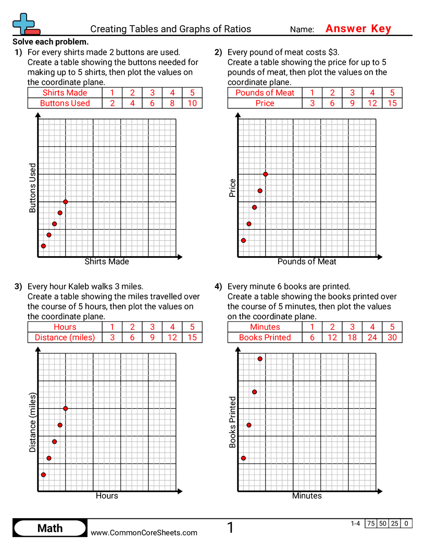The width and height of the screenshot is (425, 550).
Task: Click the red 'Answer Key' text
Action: (x=358, y=29)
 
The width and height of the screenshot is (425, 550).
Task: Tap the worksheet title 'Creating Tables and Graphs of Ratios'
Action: (x=170, y=29)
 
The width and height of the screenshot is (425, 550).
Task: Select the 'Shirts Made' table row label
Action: (x=65, y=93)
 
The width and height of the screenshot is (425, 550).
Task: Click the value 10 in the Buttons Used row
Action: (x=192, y=103)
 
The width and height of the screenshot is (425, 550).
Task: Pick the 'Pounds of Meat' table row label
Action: (x=265, y=93)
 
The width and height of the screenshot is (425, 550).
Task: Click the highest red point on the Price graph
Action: (x=266, y=174)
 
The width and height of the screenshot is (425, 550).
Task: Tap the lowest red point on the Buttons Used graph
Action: (x=43, y=246)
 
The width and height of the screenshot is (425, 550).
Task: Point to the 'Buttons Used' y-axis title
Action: (x=33, y=188)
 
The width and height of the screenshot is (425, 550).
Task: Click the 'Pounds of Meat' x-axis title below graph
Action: (x=307, y=261)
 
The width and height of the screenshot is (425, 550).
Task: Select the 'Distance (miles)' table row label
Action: (x=65, y=337)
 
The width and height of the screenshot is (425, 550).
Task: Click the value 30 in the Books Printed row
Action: (x=392, y=337)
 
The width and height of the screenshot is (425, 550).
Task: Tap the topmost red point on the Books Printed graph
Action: (x=260, y=358)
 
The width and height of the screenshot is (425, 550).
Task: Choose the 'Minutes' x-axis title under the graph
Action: (x=307, y=496)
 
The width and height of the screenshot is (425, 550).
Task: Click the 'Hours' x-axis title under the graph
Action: (x=107, y=496)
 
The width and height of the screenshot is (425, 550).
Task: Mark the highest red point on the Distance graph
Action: (x=66, y=408)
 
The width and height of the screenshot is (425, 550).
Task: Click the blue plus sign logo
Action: (x=23, y=22)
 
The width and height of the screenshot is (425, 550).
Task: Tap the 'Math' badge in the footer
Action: (x=50, y=529)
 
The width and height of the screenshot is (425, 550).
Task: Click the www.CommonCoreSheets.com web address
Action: (x=144, y=532)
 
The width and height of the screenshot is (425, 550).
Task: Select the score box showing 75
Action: (x=371, y=524)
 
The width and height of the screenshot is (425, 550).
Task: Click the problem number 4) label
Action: (x=218, y=286)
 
